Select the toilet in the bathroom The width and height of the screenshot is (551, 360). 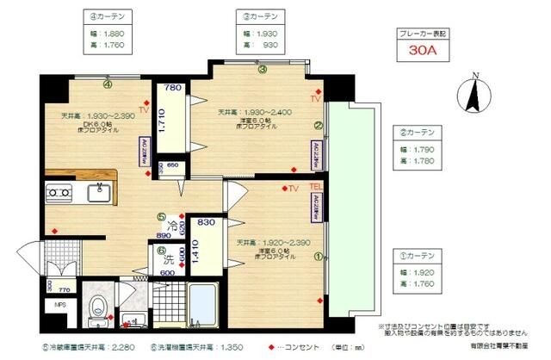(98, 304)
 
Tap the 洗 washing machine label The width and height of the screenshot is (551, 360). (169, 258)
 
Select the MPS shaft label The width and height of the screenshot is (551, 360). (61, 304)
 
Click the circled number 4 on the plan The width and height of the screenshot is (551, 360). (108, 84)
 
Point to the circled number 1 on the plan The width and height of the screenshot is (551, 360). (318, 255)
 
